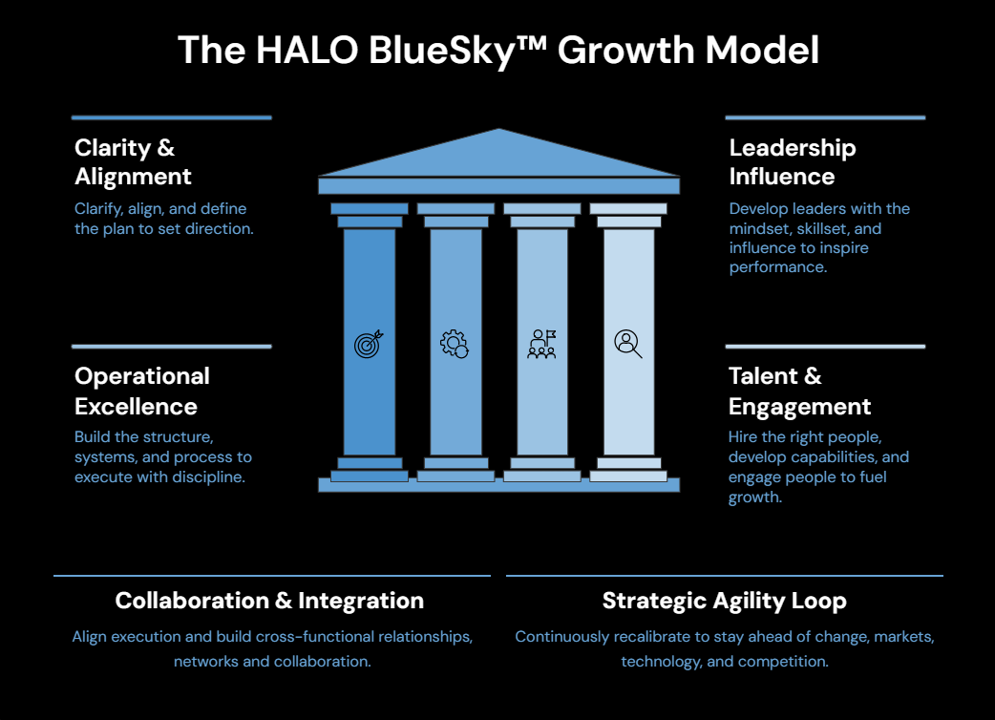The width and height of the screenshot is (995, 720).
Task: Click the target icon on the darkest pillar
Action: (369, 344)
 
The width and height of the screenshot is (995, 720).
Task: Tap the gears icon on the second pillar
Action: (455, 344)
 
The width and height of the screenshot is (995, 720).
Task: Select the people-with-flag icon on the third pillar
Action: (541, 344)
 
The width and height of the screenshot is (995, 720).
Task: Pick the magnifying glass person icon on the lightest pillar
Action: (627, 343)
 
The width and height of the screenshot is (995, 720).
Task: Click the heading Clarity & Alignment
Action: (133, 162)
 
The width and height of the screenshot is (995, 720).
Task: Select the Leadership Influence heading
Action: (792, 162)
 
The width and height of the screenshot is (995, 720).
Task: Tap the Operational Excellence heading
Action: (141, 391)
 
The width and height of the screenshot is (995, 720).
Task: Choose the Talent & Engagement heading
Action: (799, 391)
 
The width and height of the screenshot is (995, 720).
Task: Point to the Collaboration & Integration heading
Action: (269, 601)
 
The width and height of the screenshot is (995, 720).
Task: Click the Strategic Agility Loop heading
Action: (724, 601)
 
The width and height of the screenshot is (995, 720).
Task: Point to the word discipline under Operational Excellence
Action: (208, 477)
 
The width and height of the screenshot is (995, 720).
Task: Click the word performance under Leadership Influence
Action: (776, 267)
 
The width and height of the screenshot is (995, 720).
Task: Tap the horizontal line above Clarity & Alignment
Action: (171, 117)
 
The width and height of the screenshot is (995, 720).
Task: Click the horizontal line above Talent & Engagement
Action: (825, 347)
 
